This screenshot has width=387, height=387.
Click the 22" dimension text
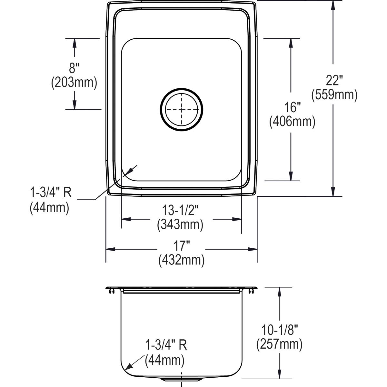334,80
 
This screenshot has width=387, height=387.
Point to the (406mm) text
292,122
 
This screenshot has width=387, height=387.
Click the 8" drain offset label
74,68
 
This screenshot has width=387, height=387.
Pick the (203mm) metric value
74,83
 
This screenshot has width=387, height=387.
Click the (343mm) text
180,224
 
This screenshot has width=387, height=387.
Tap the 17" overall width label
181,246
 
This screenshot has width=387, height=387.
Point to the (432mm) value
181,260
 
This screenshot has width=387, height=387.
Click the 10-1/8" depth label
279,331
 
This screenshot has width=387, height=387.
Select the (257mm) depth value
279,345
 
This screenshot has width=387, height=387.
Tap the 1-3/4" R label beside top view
51,193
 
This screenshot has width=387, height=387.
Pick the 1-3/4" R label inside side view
166,345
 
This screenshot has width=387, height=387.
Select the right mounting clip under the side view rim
251,291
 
